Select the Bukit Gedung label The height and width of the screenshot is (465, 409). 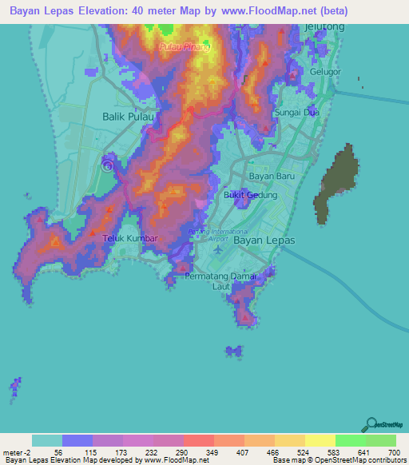click(x=250, y=195)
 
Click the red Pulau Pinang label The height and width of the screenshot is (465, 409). click(x=185, y=47)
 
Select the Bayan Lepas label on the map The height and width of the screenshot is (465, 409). click(x=264, y=240)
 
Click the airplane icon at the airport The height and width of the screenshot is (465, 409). click(x=219, y=248)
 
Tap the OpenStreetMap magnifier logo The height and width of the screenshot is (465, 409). click(x=371, y=424)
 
